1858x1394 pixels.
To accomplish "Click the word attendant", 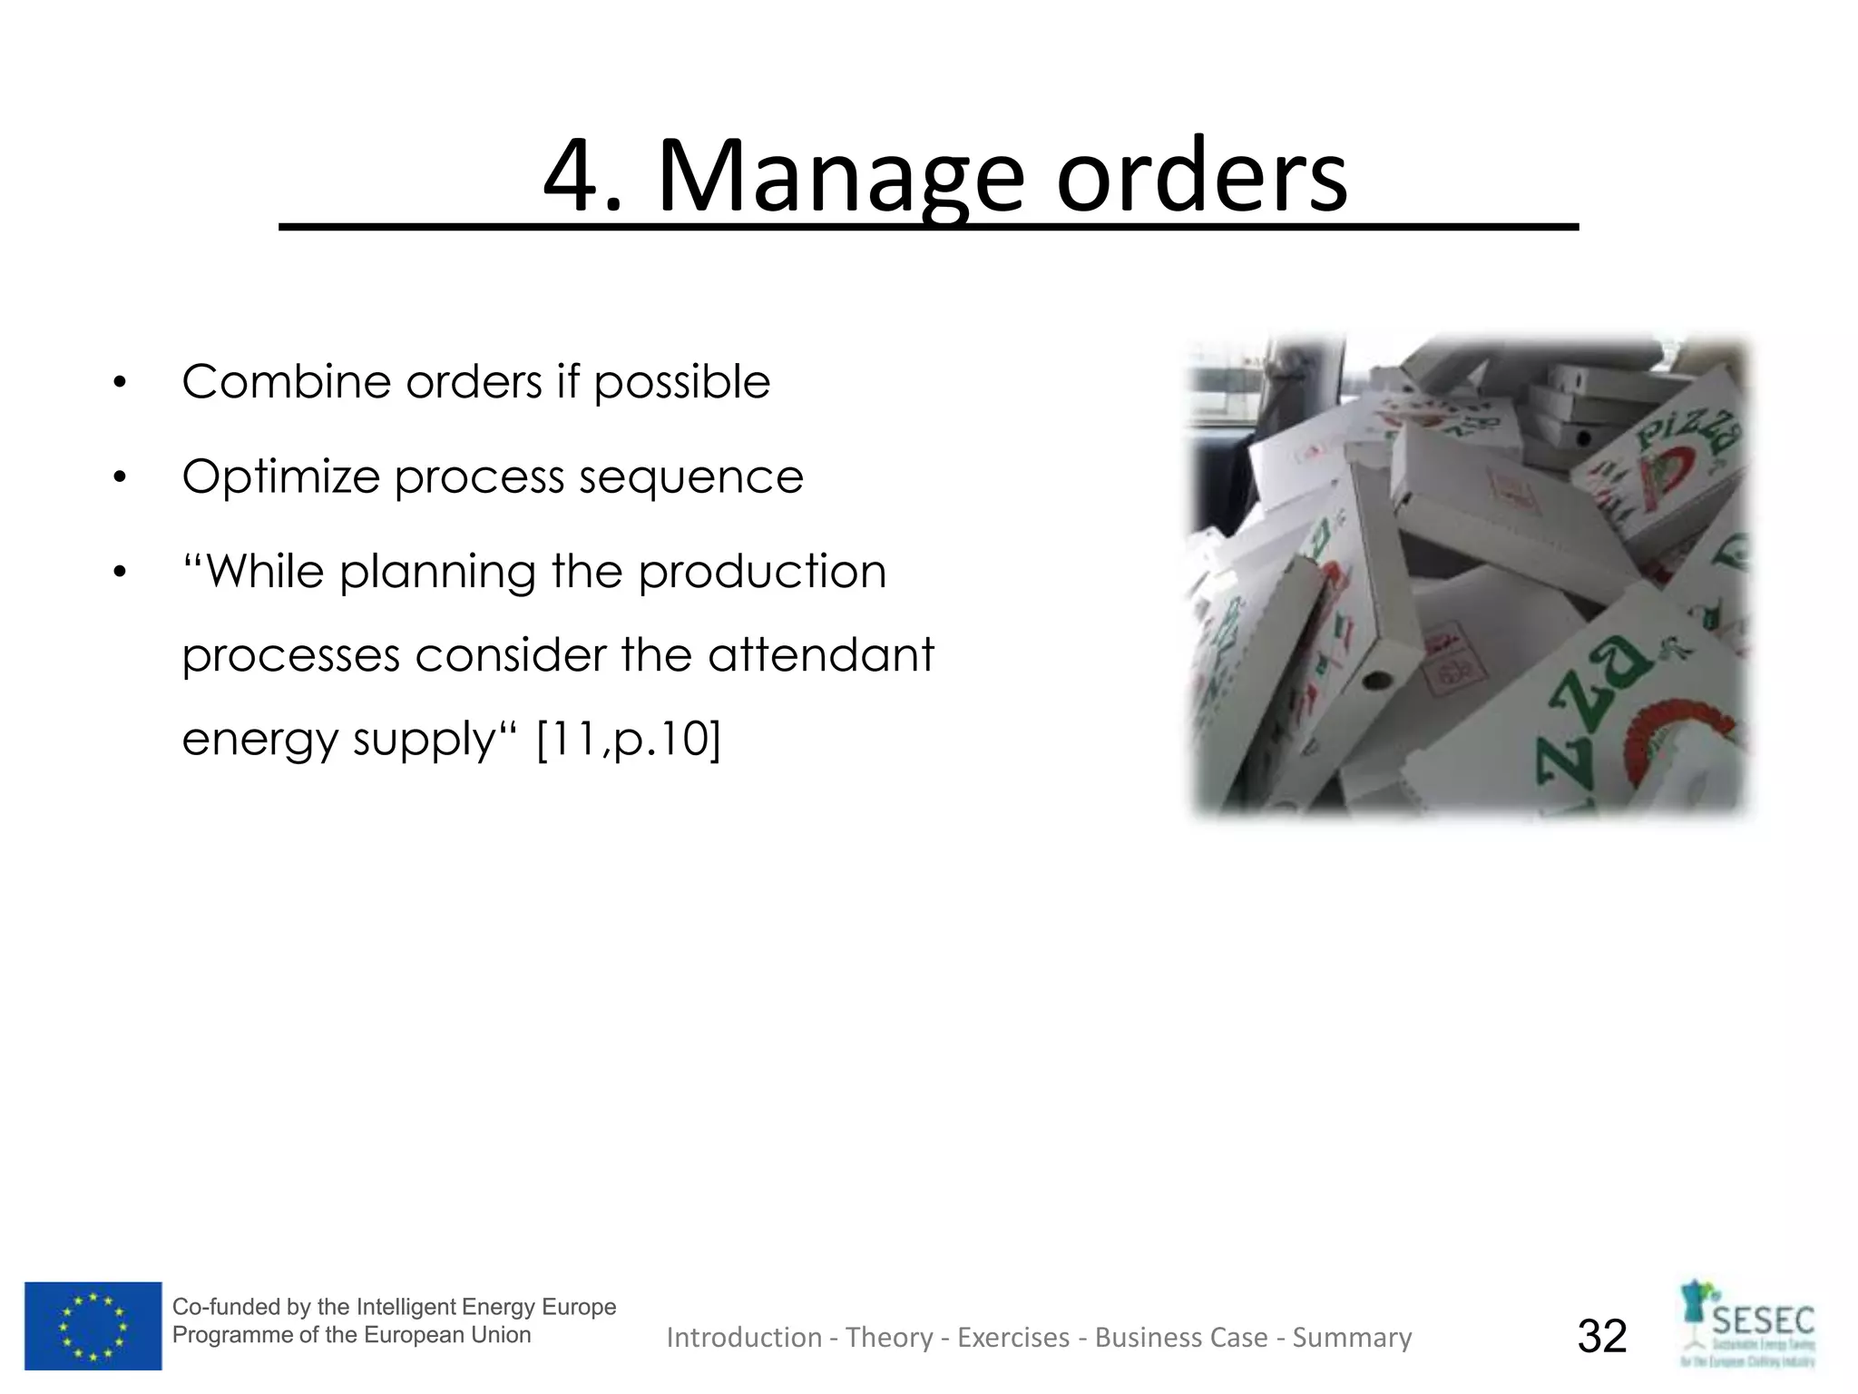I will tap(820, 655).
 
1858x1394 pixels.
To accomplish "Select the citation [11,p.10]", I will tap(629, 739).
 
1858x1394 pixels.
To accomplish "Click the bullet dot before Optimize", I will tap(120, 478).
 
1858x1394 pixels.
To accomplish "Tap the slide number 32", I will tap(1602, 1336).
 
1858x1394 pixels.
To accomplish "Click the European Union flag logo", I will tap(93, 1325).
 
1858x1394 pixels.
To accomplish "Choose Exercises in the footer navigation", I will tap(1013, 1338).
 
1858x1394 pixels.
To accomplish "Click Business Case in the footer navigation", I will tap(1181, 1338).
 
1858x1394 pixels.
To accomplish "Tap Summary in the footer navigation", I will tap(1352, 1338).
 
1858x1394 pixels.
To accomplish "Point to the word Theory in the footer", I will tap(889, 1338).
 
